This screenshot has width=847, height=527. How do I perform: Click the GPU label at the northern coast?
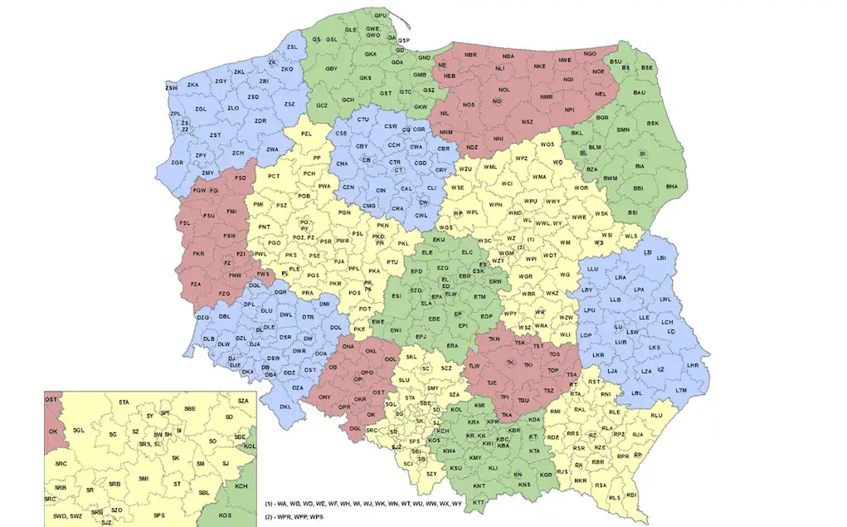click(381, 16)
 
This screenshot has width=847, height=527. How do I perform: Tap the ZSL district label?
click(291, 47)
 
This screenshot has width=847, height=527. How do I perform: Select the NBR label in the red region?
click(471, 55)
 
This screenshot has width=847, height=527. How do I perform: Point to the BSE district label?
click(647, 67)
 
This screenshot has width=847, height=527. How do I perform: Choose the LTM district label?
click(681, 390)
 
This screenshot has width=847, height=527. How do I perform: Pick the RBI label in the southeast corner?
click(631, 495)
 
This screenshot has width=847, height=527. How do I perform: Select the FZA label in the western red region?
click(196, 285)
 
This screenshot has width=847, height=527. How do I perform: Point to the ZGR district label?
click(177, 163)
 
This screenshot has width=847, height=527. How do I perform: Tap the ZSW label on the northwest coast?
click(172, 87)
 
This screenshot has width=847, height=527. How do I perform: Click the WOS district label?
click(548, 145)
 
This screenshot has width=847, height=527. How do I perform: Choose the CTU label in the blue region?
click(363, 120)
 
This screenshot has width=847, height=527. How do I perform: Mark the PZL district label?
click(306, 134)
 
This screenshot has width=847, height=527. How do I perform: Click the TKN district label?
click(494, 339)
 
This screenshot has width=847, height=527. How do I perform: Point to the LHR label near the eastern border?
click(694, 365)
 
